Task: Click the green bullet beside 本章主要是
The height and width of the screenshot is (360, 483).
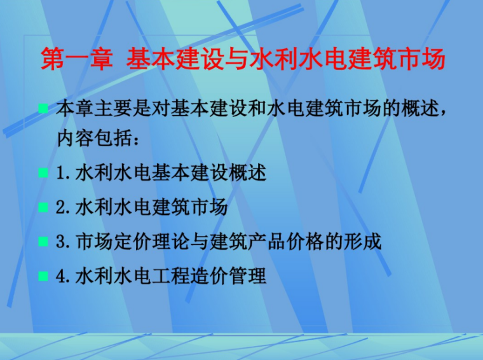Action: pos(43,109)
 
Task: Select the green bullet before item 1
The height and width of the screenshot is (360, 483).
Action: pos(43,173)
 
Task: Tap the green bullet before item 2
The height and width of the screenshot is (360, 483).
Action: pos(43,207)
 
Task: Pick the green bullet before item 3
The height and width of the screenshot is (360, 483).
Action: pos(43,242)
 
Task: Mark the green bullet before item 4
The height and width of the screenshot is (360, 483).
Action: pos(43,276)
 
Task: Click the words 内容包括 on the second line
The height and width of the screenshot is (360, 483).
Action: pos(95,138)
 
